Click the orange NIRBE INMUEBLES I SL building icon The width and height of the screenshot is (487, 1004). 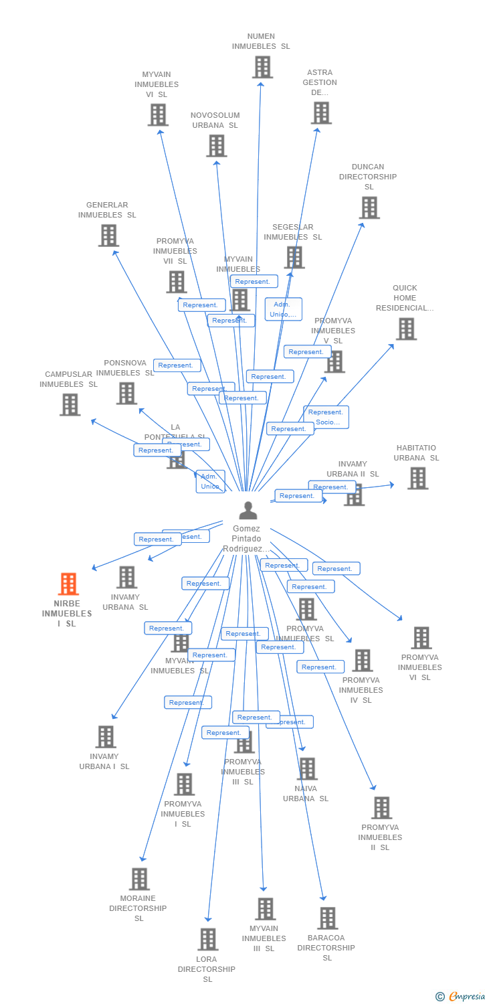pyautogui.click(x=68, y=584)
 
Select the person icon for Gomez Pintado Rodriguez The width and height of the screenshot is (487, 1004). pyautogui.click(x=248, y=511)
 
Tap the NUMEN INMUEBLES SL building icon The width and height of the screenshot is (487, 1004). pyautogui.click(x=262, y=67)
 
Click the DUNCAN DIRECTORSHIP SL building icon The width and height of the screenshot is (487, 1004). pyautogui.click(x=369, y=207)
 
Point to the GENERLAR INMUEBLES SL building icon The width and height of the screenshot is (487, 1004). pyautogui.click(x=108, y=236)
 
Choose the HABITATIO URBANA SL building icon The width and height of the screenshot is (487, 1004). pyautogui.click(x=417, y=478)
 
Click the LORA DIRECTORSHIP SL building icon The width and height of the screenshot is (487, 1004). pyautogui.click(x=207, y=939)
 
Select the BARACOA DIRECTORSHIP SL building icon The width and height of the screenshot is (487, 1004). pyautogui.click(x=327, y=918)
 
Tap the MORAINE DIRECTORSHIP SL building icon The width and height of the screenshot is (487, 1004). pyautogui.click(x=138, y=879)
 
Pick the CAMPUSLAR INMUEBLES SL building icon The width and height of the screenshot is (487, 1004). pyautogui.click(x=70, y=404)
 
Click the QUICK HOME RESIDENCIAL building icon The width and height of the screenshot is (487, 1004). pyautogui.click(x=406, y=329)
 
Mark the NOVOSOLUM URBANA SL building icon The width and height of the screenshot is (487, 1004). pyautogui.click(x=216, y=145)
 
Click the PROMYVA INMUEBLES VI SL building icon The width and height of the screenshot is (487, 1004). pyautogui.click(x=421, y=638)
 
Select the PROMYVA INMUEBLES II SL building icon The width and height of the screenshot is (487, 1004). pyautogui.click(x=381, y=808)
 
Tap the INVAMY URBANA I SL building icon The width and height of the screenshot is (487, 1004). pyautogui.click(x=105, y=737)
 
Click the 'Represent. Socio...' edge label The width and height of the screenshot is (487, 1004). pyautogui.click(x=326, y=417)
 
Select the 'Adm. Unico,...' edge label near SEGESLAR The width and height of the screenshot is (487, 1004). pyautogui.click(x=283, y=309)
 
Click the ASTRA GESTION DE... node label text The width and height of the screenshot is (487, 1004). pyautogui.click(x=320, y=82)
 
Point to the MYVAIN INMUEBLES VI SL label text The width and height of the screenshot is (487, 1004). pyautogui.click(x=157, y=84)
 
